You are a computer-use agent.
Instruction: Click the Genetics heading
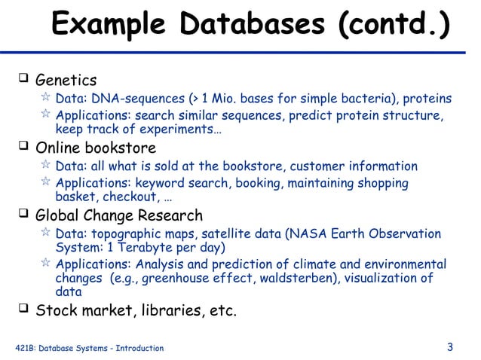pyautogui.click(x=66, y=80)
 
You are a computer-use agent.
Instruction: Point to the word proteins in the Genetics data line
pyautogui.click(x=427, y=99)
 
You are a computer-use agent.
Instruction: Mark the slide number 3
pyautogui.click(x=450, y=347)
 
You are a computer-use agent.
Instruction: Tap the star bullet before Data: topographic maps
pyautogui.click(x=46, y=233)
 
